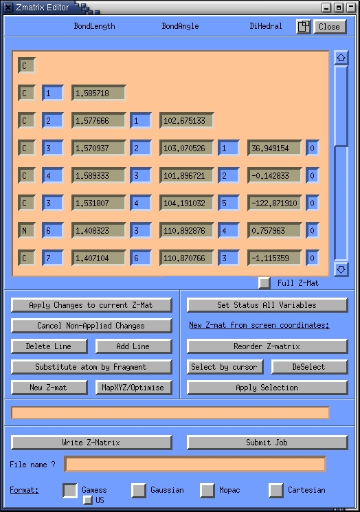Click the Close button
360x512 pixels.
(329, 27)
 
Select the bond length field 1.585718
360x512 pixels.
(98, 93)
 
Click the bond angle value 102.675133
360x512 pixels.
(187, 120)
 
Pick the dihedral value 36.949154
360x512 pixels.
(275, 148)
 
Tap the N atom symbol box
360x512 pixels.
(26, 230)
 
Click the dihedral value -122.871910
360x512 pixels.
(275, 203)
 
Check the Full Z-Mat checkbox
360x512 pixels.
(265, 282)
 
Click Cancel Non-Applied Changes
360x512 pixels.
(91, 326)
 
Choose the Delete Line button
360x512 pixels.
(49, 346)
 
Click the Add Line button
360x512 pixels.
(133, 346)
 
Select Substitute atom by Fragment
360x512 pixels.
(91, 367)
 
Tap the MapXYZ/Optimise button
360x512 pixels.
(133, 388)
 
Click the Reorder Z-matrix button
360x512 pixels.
(267, 346)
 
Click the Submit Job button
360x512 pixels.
(267, 443)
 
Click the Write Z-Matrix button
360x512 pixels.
(91, 443)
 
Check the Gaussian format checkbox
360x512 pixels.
(139, 490)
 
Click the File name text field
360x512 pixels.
(195, 464)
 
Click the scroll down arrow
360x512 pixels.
(341, 269)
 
